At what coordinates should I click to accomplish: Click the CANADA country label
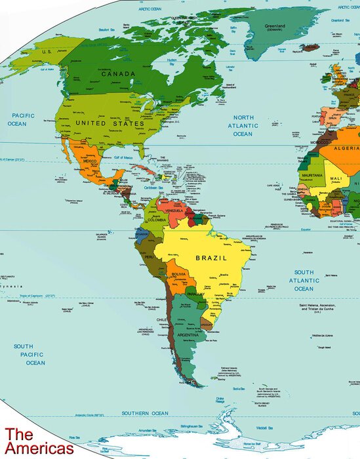coord(118,74)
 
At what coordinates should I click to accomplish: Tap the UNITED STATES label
coord(110,123)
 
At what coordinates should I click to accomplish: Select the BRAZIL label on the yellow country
coord(212,258)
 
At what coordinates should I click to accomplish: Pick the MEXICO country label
coord(90,161)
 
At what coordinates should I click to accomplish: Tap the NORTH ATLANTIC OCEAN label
coord(243,125)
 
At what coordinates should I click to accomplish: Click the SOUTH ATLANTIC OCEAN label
coord(304,280)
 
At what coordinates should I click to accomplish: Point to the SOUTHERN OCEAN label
coord(145,414)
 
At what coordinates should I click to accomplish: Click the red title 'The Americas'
coord(38,441)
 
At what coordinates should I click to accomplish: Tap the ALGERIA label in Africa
coord(346,149)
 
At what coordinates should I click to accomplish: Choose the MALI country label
coord(336,178)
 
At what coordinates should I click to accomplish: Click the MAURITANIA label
coord(312,176)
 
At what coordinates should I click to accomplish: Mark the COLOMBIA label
coord(157,220)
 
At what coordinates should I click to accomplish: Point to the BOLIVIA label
coord(179,273)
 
